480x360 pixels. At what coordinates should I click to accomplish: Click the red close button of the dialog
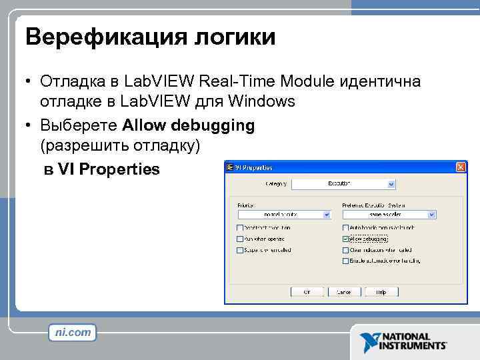[459, 167]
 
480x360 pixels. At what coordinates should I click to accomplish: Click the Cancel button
[344, 291]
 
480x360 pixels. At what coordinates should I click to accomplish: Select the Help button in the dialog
[381, 291]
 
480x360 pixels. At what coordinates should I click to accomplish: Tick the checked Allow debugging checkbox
[345, 239]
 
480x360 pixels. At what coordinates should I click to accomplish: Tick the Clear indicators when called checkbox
[345, 250]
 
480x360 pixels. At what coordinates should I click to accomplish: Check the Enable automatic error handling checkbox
[345, 261]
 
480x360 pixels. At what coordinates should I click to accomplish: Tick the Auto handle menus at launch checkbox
[345, 227]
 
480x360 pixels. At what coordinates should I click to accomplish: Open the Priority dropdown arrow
[327, 215]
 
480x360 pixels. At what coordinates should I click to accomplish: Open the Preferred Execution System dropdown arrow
[432, 215]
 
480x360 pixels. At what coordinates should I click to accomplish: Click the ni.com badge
[73, 332]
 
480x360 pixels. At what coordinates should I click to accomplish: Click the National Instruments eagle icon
[369, 341]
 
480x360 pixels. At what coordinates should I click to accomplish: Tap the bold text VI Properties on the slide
[109, 169]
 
